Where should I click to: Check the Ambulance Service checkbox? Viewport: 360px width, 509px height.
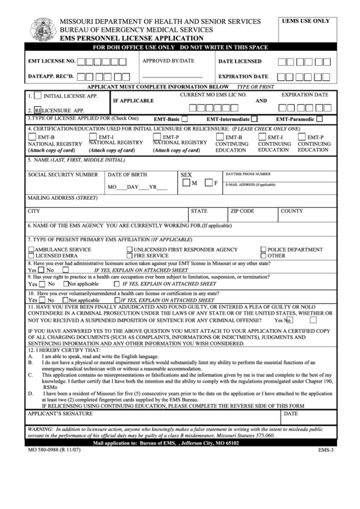(x=31, y=249)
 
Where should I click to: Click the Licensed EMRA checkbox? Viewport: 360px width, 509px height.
(x=31, y=256)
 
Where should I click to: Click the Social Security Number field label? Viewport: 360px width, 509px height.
(x=62, y=175)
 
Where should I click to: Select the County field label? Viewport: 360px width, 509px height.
(x=291, y=211)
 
